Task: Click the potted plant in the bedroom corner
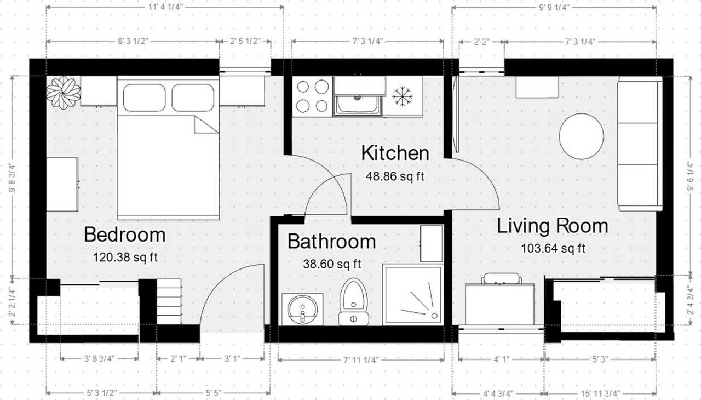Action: [63, 93]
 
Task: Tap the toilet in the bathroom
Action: [353, 301]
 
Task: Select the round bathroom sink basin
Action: [302, 310]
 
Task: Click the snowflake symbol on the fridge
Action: [403, 96]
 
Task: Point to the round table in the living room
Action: [581, 136]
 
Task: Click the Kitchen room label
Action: [395, 153]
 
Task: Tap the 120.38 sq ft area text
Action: [125, 258]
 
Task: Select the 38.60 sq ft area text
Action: [332, 264]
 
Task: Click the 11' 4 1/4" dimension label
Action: [165, 7]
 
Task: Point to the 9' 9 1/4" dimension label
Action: [554, 7]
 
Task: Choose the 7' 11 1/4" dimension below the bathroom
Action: [361, 360]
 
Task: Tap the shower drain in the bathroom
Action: [434, 316]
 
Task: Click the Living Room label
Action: [553, 226]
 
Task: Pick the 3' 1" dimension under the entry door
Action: [232, 359]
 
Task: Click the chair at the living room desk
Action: [502, 278]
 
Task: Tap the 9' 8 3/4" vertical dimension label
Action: [12, 177]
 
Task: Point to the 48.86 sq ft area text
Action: [395, 176]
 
